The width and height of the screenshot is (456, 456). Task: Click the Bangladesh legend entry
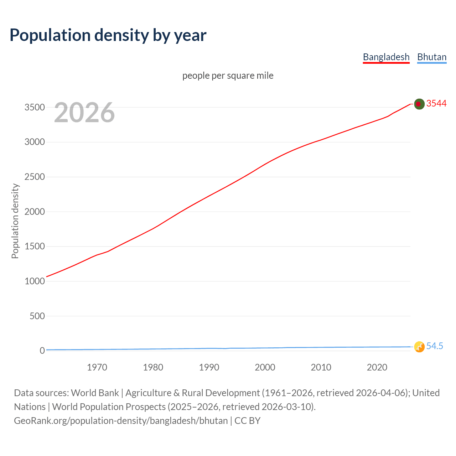click(386, 57)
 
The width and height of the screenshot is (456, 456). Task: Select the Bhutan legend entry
click(432, 57)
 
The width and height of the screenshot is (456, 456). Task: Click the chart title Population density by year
click(108, 35)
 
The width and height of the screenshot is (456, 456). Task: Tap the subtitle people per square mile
click(228, 76)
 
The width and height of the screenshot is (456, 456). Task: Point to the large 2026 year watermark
click(84, 113)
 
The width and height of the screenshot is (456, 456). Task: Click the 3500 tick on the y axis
click(35, 107)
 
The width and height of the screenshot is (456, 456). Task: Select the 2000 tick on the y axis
click(35, 212)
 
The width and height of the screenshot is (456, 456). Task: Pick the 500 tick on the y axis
click(37, 316)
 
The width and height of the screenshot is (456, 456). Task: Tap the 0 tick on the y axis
click(42, 351)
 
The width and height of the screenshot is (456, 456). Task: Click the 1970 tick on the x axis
click(97, 367)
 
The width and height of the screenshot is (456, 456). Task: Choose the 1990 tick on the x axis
click(209, 367)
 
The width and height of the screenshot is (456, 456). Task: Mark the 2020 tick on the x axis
click(377, 367)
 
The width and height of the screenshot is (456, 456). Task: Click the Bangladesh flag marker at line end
click(419, 104)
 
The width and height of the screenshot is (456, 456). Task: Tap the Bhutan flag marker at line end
click(419, 347)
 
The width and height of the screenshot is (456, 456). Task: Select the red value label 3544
click(436, 103)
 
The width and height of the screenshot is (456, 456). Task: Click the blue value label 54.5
click(435, 346)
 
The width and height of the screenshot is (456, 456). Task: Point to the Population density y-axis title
click(15, 221)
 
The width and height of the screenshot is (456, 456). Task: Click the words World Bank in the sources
click(95, 393)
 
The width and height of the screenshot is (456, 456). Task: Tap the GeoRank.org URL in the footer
click(121, 421)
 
